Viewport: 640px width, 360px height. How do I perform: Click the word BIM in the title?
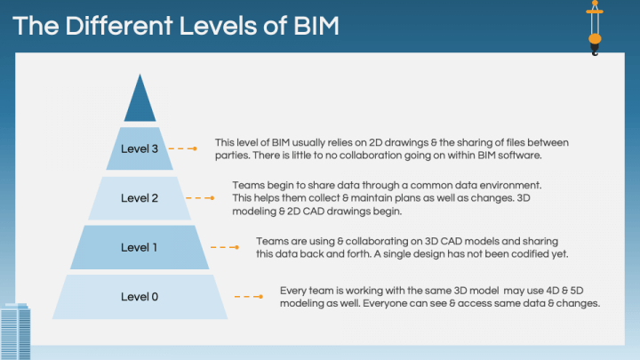316,26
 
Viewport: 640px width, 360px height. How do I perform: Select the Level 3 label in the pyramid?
140,148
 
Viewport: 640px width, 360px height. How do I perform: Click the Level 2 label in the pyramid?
140,198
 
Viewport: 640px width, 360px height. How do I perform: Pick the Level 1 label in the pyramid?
139,247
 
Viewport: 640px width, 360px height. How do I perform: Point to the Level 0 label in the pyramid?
140,297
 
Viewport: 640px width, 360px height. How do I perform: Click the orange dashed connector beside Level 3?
183,148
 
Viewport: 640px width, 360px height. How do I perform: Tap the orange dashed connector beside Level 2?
200,198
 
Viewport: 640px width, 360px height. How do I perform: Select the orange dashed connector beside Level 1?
225,247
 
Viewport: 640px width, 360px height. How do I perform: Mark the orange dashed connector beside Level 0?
249,297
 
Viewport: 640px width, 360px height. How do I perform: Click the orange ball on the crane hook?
595,39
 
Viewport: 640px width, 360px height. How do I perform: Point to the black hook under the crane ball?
595,50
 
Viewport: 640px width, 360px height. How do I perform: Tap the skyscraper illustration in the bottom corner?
15,332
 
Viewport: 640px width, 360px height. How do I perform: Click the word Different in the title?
119,26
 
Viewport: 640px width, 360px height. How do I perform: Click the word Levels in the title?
218,26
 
